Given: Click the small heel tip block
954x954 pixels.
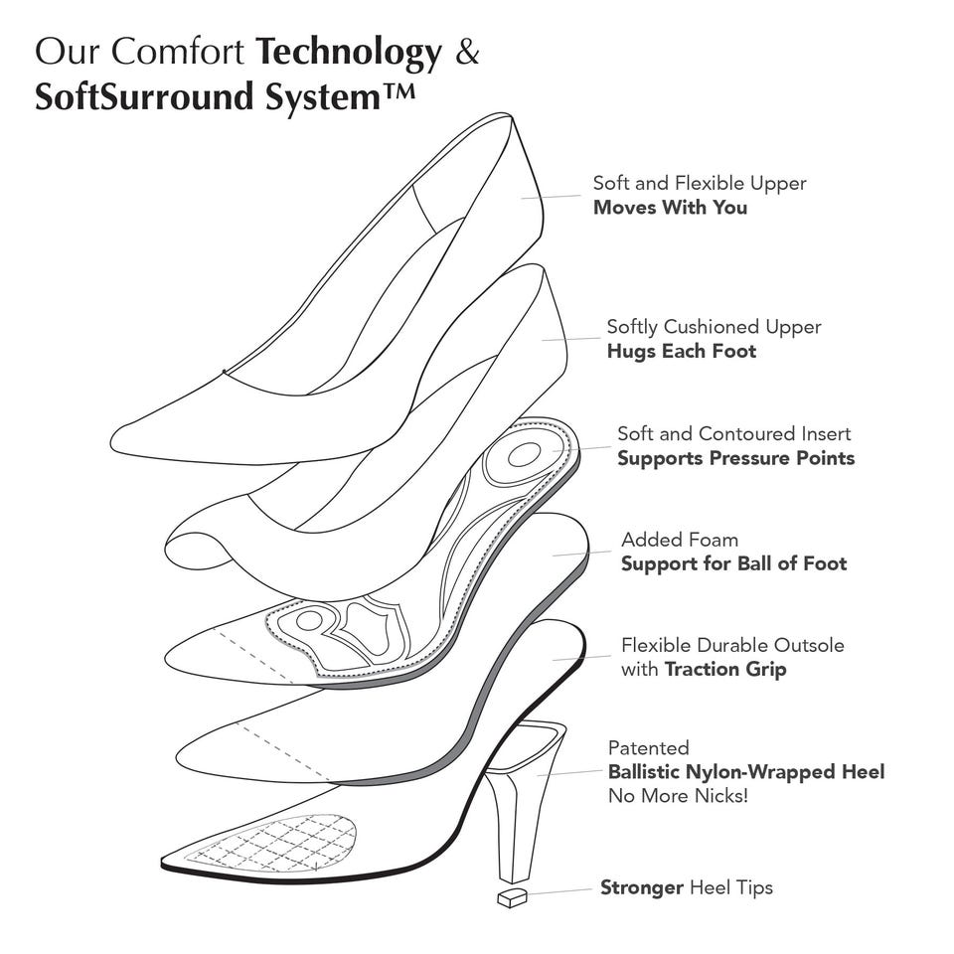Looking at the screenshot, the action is pyautogui.click(x=513, y=897).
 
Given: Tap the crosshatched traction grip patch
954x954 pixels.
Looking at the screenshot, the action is pyautogui.click(x=274, y=843).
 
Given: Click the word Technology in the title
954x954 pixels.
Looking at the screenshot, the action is pyautogui.click(x=349, y=53).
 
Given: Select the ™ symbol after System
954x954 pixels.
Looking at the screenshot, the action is pyautogui.click(x=400, y=91).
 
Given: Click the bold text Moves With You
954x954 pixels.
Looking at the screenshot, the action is pyautogui.click(x=670, y=208).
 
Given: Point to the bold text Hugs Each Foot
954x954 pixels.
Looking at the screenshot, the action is pyautogui.click(x=682, y=352).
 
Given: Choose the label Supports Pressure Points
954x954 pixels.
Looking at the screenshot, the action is pyautogui.click(x=735, y=458).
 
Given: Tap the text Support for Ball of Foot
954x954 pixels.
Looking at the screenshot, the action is pyautogui.click(x=733, y=564).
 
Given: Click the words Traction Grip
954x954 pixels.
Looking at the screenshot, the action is pyautogui.click(x=725, y=669).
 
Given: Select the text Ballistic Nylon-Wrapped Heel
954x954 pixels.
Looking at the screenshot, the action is pyautogui.click(x=746, y=772).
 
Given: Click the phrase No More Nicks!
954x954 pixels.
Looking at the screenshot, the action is pyautogui.click(x=678, y=796).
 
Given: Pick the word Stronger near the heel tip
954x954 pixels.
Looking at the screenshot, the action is pyautogui.click(x=641, y=887).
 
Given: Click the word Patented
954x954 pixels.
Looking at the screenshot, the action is pyautogui.click(x=649, y=747).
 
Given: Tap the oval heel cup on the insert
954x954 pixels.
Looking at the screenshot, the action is pyautogui.click(x=524, y=454).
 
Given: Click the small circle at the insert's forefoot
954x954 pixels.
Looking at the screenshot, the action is pyautogui.click(x=308, y=621).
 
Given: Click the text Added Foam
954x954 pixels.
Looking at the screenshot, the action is pyautogui.click(x=680, y=540).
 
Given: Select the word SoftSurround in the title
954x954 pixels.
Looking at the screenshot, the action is pyautogui.click(x=143, y=96).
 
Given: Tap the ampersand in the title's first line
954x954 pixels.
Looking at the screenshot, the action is pyautogui.click(x=467, y=51).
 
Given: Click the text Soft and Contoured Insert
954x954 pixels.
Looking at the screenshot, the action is pyautogui.click(x=733, y=434).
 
